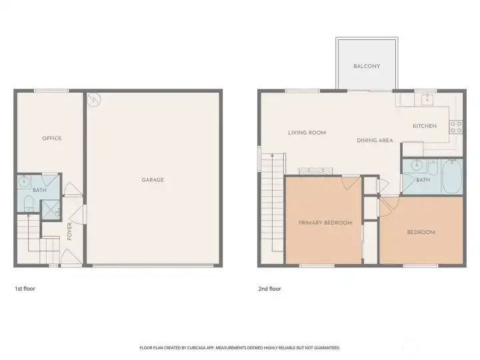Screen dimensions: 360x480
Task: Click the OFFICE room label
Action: coord(52,139)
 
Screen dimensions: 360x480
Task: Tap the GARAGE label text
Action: coord(153,180)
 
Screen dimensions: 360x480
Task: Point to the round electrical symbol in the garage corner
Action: coord(95,99)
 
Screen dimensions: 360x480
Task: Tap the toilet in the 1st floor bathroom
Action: coord(27,203)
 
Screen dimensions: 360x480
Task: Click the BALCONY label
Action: coord(367,66)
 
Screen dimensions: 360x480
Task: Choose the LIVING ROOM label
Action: coord(307,133)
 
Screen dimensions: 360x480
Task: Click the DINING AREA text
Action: coord(375,140)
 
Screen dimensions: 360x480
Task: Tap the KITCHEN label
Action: coord(425,126)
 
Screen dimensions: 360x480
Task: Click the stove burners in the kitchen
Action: coord(457,126)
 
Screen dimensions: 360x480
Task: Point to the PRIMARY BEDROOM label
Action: coord(325,223)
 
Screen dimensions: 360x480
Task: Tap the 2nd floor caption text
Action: coord(269,289)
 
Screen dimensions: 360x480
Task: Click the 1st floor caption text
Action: coord(25,289)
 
